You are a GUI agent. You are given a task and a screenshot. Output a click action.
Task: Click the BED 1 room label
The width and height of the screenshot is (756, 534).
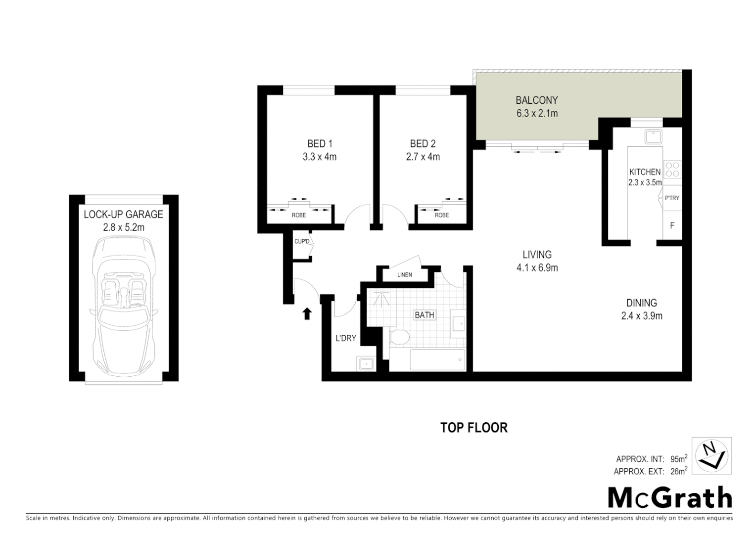[x=320, y=144]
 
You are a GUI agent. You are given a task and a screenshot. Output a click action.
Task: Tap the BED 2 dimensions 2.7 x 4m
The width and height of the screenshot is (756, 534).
[x=423, y=157]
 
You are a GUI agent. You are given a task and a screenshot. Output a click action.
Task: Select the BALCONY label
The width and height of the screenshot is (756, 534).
[x=537, y=100]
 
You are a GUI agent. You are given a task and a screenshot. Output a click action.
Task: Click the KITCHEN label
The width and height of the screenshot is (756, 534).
[x=645, y=172]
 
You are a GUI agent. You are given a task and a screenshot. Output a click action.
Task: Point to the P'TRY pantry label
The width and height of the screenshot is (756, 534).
[x=672, y=198]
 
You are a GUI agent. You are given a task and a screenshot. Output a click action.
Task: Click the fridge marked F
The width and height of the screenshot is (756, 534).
[x=672, y=226]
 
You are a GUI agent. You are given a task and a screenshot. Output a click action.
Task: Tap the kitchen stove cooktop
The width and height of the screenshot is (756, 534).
[x=672, y=169]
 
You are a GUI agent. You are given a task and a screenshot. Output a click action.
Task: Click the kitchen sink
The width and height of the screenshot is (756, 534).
[x=654, y=136]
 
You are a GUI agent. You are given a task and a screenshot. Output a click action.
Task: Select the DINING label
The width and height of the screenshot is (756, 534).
[x=641, y=303]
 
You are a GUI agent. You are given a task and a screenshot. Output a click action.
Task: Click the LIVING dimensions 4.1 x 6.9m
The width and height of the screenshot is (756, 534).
[x=537, y=268]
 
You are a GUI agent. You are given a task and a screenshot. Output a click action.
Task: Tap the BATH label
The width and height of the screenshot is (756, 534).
[x=424, y=315]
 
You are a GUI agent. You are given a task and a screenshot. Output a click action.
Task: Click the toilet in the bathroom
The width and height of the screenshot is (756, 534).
[x=399, y=338]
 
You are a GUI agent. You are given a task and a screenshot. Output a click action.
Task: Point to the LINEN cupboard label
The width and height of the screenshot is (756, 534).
[x=404, y=274]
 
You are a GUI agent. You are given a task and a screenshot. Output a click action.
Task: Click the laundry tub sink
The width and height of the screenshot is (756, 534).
[x=366, y=364]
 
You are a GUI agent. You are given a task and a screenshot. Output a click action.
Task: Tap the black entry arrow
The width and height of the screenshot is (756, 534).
[x=307, y=313]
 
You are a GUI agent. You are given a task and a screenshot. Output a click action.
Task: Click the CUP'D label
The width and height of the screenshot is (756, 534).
[x=301, y=242]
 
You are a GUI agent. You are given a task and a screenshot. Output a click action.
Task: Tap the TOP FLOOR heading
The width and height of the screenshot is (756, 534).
[x=473, y=427]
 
